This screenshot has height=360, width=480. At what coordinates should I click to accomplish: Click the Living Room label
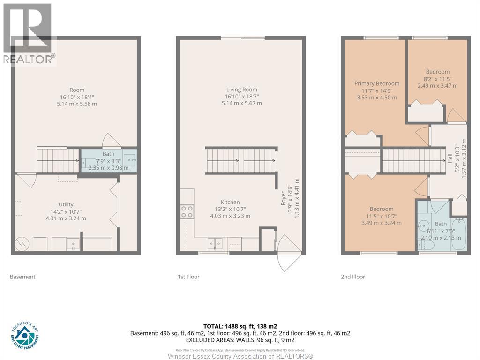click(241, 90)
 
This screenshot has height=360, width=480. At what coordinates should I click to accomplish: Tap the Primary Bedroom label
click(377, 83)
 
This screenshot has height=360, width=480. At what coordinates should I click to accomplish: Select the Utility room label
click(66, 204)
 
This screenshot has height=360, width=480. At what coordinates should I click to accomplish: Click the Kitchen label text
click(230, 202)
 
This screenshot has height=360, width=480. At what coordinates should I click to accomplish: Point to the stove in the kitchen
click(187, 212)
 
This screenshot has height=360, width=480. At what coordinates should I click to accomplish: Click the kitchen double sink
click(216, 243)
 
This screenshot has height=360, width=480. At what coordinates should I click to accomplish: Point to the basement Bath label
click(108, 154)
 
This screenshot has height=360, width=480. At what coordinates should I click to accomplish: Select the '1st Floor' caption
click(188, 277)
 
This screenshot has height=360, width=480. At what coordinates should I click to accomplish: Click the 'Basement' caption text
click(22, 277)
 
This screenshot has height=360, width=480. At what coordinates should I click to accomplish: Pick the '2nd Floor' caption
click(352, 277)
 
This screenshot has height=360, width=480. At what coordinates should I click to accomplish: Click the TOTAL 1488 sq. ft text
click(240, 326)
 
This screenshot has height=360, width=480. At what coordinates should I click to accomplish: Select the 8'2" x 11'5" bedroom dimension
click(437, 79)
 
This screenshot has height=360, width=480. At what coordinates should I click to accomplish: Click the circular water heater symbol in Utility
click(22, 243)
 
